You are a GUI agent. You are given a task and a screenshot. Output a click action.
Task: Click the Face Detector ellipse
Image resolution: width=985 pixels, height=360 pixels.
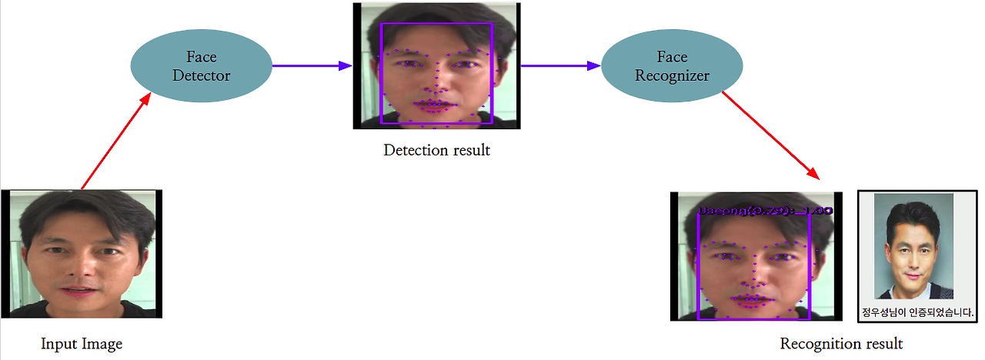click(202, 65)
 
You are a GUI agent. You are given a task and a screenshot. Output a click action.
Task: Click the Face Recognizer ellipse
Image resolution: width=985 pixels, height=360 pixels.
click(672, 66)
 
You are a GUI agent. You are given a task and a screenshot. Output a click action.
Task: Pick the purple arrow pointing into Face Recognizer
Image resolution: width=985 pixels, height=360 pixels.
click(560, 65)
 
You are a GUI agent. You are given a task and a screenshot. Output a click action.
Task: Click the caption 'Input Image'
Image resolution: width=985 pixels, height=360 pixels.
click(82, 344)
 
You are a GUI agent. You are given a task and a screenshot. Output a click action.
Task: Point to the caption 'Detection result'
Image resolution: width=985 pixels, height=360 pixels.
click(436, 150)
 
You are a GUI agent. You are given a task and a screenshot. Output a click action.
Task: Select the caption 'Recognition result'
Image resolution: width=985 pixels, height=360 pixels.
click(841, 343)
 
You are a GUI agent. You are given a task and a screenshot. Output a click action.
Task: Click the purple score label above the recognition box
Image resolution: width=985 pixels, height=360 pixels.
click(764, 209)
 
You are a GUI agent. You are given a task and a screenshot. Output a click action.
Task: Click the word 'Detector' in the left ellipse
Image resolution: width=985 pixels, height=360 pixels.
click(202, 75)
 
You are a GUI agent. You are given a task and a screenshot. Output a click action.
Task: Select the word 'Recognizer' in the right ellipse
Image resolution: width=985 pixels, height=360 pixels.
click(672, 76)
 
